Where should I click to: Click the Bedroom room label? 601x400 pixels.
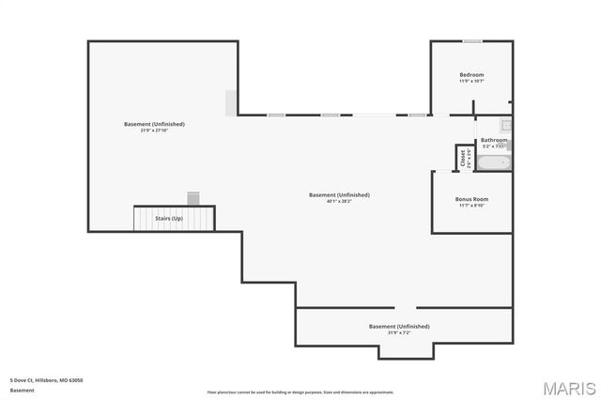click(471, 74)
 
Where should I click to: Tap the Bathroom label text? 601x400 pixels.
click(494, 140)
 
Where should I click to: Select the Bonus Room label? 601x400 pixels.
click(471, 199)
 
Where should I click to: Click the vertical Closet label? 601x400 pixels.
click(462, 158)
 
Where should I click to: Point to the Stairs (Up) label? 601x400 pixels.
click(169, 219)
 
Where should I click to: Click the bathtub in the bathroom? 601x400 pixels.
click(494, 162)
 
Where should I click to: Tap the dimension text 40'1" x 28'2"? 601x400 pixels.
click(339, 201)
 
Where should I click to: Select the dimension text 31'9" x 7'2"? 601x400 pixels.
click(399, 332)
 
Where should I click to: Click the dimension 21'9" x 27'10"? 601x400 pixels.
click(154, 131)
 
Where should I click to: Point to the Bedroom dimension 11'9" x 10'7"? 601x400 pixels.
click(471, 81)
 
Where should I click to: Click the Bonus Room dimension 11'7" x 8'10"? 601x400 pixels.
click(471, 206)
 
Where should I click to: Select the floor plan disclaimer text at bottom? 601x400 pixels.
click(300, 392)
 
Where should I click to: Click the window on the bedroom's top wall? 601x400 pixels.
click(472, 41)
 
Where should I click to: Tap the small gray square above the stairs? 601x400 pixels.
click(193, 197)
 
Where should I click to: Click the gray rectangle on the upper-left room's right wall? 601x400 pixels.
click(231, 102)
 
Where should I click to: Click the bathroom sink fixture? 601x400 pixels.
click(505, 125)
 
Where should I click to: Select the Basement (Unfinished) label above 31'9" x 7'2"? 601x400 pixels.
click(399, 326)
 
